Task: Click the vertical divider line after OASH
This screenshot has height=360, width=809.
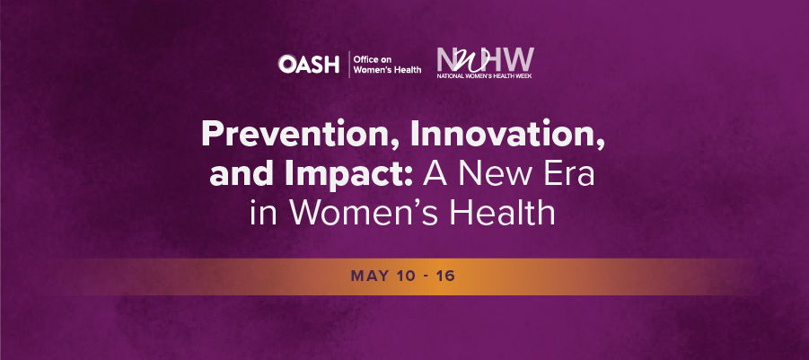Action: click(x=348, y=64)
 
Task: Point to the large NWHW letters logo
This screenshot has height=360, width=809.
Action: click(x=484, y=59)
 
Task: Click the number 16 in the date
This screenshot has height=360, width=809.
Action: click(x=444, y=275)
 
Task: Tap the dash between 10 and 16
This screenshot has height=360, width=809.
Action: click(x=425, y=275)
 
